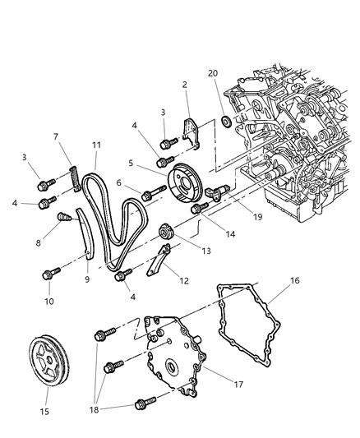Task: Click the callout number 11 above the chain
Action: (96, 145)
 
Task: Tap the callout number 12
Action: (183, 280)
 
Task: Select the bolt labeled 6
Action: (150, 196)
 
